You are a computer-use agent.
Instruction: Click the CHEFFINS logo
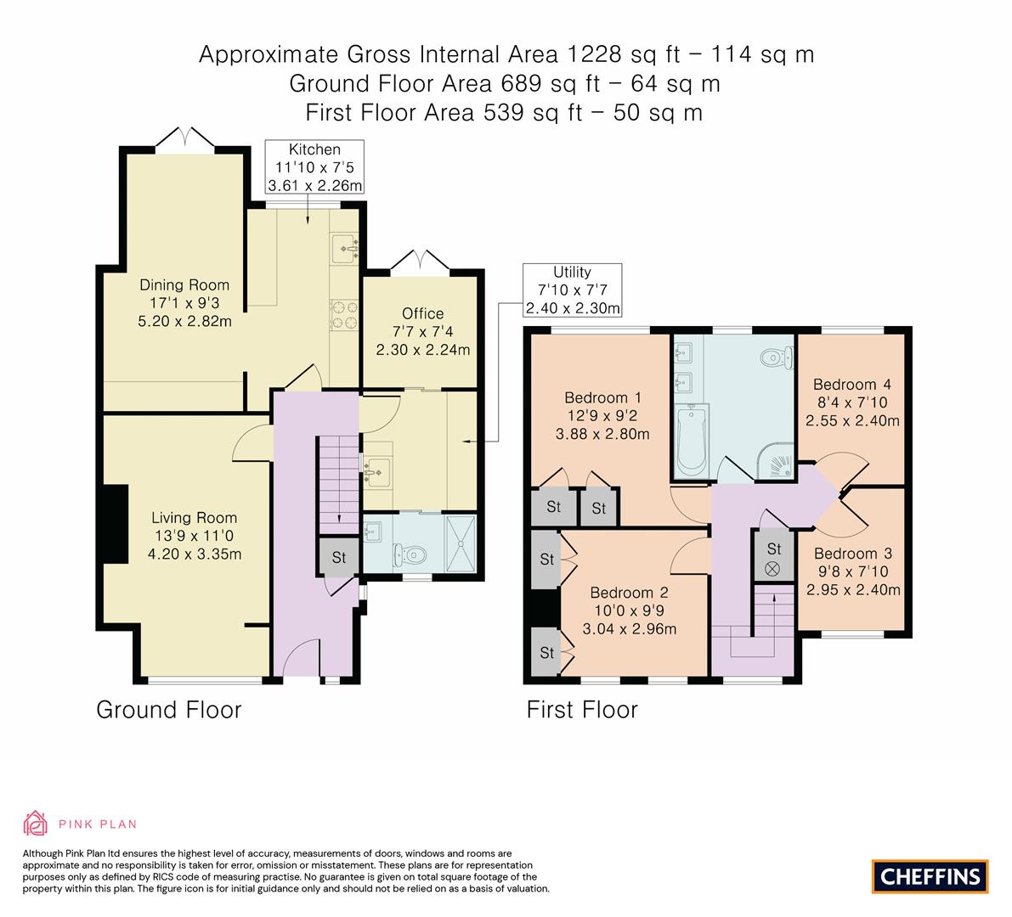click(x=930, y=876)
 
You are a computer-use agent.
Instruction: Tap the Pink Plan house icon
click(x=35, y=823)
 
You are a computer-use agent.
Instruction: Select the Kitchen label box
click(x=314, y=167)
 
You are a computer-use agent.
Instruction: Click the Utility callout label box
click(x=573, y=290)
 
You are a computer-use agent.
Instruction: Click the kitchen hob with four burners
click(x=344, y=315)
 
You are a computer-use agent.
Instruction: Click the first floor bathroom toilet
click(x=777, y=357)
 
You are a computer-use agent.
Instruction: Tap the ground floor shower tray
click(x=461, y=543)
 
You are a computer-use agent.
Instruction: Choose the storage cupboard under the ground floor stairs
click(x=339, y=556)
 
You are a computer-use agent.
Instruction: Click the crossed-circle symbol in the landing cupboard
click(x=772, y=569)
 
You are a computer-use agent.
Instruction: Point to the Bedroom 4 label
click(x=852, y=385)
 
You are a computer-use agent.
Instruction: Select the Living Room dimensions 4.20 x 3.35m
click(x=195, y=554)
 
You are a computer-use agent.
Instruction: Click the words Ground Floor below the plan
click(x=168, y=709)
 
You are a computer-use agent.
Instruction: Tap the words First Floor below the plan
click(x=582, y=709)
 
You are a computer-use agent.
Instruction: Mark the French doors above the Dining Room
click(x=184, y=138)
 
